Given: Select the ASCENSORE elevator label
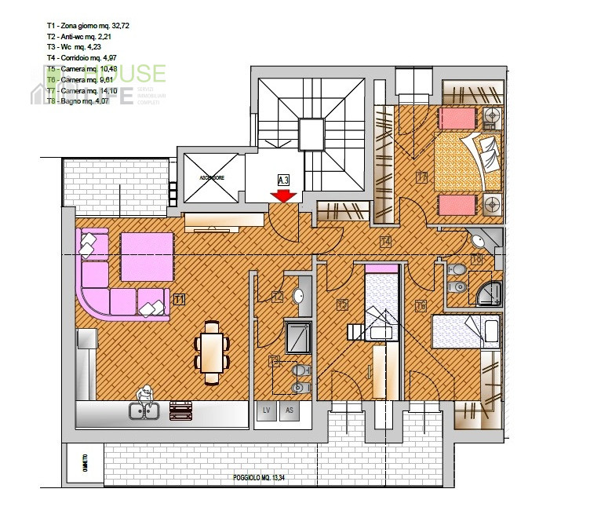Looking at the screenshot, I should click(213, 178).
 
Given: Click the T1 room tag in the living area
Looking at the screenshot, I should click(179, 299).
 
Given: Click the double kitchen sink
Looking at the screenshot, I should click(145, 409).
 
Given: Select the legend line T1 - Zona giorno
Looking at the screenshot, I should click(88, 26).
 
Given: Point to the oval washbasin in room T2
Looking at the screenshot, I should click(298, 296).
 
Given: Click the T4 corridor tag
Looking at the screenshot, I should click(385, 241).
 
